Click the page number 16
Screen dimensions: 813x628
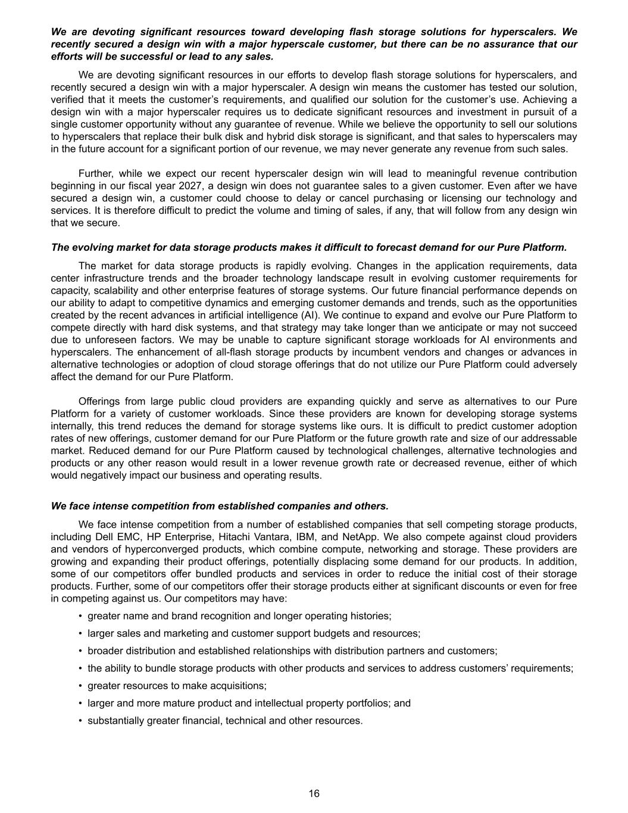[x=314, y=793]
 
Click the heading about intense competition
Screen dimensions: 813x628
[x=220, y=506]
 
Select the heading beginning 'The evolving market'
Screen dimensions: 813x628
[x=308, y=247]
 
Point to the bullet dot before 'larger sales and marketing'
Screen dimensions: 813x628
[x=80, y=634]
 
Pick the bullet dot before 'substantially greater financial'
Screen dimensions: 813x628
[x=80, y=721]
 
